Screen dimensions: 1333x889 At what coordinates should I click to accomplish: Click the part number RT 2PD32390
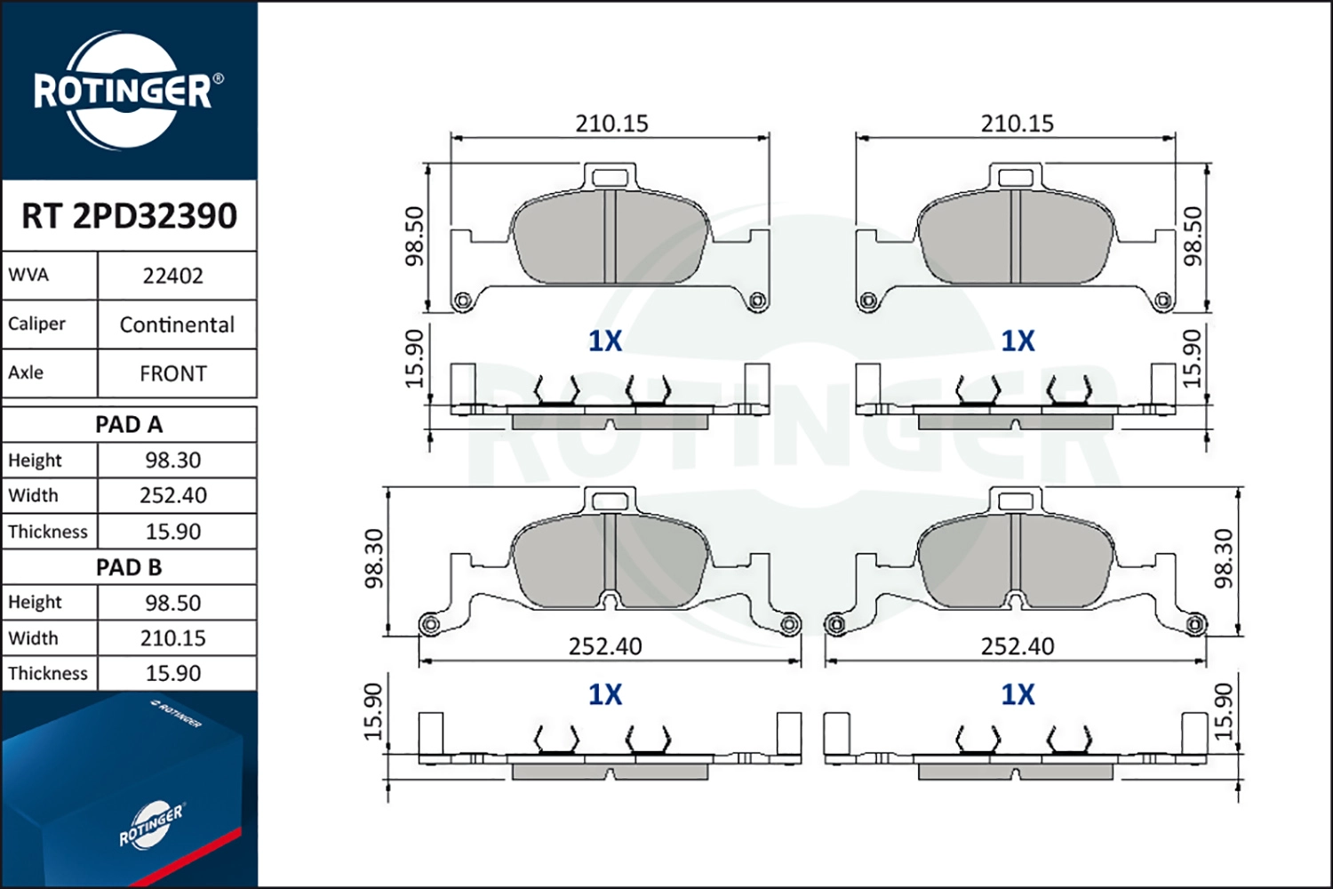point(129,215)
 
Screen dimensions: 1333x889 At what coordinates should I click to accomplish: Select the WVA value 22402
point(173,276)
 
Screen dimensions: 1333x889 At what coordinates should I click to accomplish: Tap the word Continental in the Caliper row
point(177,325)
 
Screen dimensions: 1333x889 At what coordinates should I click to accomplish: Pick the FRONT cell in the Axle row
point(173,374)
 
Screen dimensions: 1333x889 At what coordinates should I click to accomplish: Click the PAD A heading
point(129,425)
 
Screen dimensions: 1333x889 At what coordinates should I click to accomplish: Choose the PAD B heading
point(129,567)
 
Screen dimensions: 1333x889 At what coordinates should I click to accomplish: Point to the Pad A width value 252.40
point(173,495)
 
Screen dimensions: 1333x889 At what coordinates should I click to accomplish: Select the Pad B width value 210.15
point(173,638)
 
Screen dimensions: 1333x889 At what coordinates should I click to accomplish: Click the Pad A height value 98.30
point(173,461)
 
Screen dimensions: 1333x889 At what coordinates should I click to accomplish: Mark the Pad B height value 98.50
point(173,603)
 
